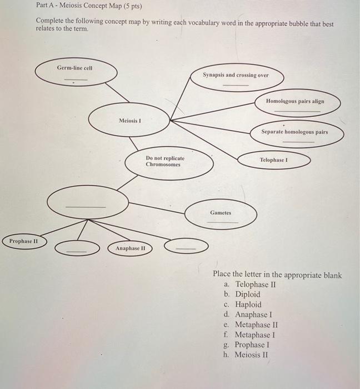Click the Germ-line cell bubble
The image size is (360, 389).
(76, 72)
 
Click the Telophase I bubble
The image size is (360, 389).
(276, 160)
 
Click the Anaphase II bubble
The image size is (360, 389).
(131, 248)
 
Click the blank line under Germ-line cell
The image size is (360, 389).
(76, 79)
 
